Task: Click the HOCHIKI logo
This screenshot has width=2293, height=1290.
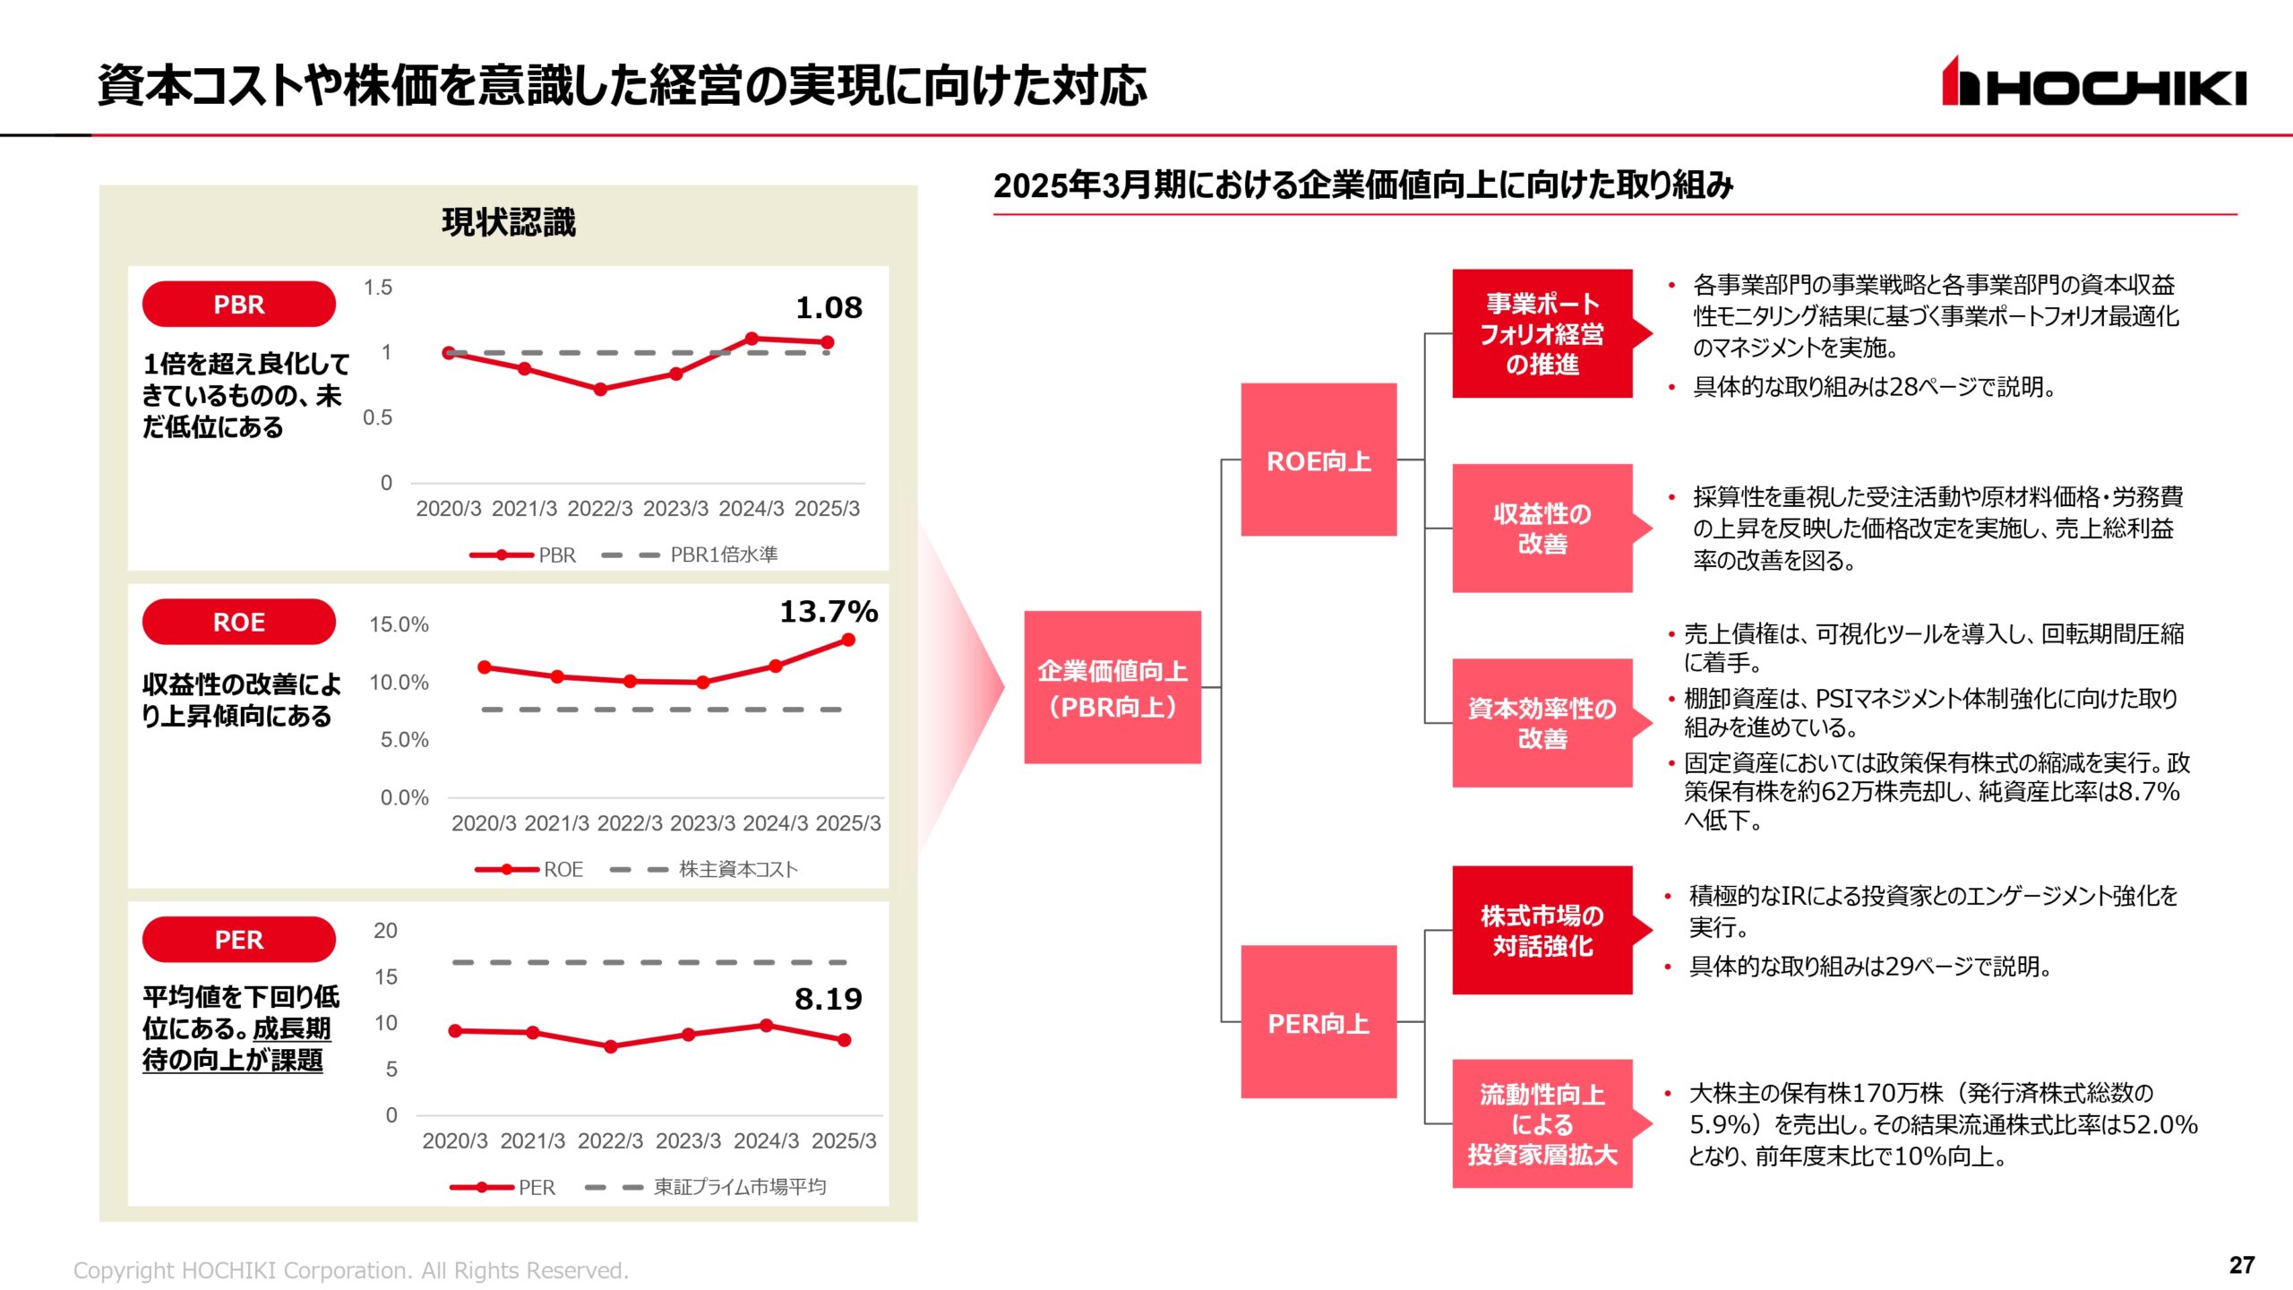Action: [2093, 82]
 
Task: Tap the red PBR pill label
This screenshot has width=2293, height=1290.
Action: [238, 305]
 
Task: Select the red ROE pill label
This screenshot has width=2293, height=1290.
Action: [238, 622]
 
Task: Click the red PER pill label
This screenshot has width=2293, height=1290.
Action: [238, 940]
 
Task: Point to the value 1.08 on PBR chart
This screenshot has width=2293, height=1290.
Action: [829, 308]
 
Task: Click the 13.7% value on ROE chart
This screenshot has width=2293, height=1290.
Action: [829, 612]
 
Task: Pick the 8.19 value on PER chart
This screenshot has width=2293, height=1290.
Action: [828, 999]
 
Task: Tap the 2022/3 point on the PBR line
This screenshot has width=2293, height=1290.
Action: [600, 390]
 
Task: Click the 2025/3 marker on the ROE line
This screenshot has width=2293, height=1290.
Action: [848, 640]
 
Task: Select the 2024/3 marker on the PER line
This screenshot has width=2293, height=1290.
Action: [767, 1026]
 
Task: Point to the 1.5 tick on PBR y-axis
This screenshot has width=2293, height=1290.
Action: [378, 288]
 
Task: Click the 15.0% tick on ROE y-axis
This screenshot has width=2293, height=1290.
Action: [399, 624]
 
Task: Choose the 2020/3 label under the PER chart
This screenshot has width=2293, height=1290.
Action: [455, 1141]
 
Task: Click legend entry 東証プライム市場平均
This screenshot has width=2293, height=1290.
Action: [739, 1187]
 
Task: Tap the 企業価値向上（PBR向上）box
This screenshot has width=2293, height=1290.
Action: [1112, 687]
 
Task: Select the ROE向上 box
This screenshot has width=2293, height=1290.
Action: [1318, 460]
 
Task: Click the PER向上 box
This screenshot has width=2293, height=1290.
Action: [1318, 1022]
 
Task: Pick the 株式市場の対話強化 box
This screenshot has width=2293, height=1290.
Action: [1542, 931]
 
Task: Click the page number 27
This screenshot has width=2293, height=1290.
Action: [2242, 1265]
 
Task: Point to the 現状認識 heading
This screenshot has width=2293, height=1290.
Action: [509, 222]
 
